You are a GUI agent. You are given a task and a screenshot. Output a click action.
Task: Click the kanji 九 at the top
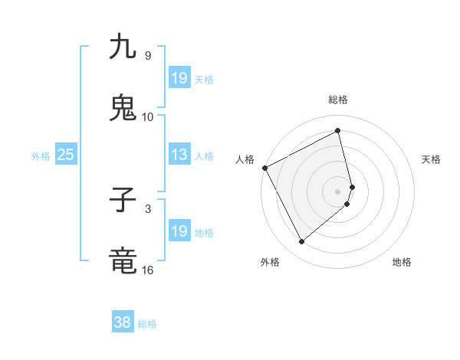pos(123,47)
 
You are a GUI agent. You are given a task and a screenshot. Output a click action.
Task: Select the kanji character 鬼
pos(123,108)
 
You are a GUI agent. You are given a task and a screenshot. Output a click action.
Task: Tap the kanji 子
pos(123,201)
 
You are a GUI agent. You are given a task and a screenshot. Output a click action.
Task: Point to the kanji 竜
pos(123,261)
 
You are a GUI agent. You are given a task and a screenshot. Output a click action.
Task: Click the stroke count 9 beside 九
pos(147,56)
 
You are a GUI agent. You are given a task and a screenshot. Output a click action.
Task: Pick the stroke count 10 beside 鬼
pos(148,117)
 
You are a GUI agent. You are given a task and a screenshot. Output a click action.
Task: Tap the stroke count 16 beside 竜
pos(148,270)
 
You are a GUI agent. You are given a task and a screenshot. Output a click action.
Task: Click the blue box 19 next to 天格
pos(179,78)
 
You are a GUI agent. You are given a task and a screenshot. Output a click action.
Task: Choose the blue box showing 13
pos(179,155)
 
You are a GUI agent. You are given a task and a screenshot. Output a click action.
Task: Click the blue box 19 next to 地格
pos(179,231)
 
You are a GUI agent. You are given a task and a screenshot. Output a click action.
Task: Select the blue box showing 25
pos(66,155)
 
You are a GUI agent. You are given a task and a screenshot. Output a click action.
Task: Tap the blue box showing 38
pos(123,322)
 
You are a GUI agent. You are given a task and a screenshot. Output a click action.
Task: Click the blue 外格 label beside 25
pos(41,156)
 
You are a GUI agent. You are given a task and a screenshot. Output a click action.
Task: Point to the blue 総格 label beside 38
pos(147,324)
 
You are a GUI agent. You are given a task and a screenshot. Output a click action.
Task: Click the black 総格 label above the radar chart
pos(338,100)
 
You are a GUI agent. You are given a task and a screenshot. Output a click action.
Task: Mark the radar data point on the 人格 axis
pos(264,168)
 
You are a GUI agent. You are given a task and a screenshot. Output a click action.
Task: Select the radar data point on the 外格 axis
pos(301,242)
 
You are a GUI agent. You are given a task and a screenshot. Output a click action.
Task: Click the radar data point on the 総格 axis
pos(338,131)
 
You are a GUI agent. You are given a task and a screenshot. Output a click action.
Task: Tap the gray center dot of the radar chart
pos(338,190)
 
